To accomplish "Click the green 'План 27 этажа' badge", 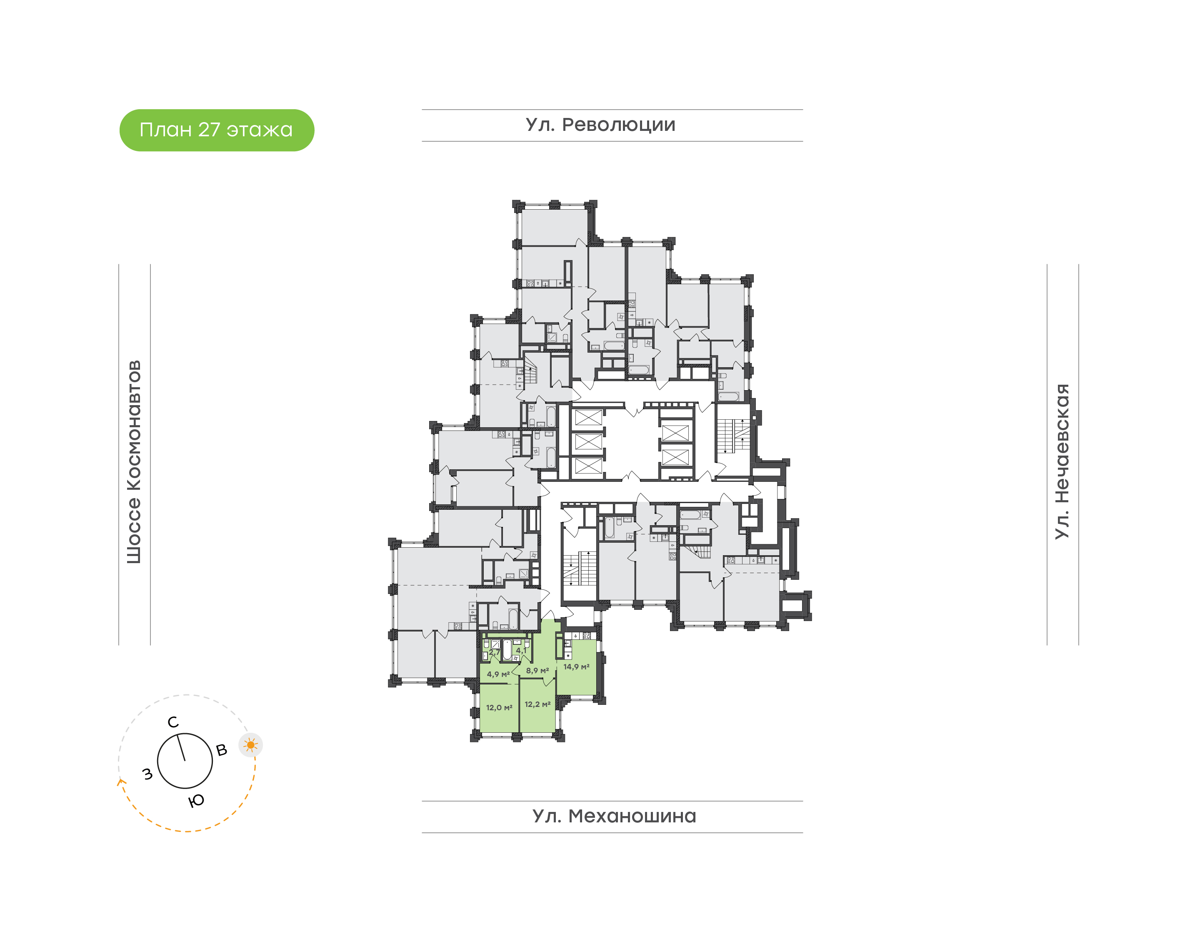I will click(x=217, y=130).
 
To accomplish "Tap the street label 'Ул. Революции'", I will click(x=600, y=125).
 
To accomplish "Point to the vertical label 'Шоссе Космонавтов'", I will click(x=134, y=462).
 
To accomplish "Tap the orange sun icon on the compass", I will click(x=251, y=745).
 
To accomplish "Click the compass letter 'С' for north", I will click(x=173, y=722).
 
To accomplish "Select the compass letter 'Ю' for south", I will click(x=196, y=801).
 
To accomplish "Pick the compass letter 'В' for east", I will click(x=222, y=750).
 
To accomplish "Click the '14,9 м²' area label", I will click(x=576, y=667).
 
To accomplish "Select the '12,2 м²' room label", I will click(x=537, y=704).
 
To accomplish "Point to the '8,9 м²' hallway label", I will click(x=537, y=671).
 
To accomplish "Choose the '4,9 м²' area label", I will click(x=498, y=674).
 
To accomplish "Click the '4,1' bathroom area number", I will click(x=521, y=651).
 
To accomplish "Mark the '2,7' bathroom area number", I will click(x=495, y=652).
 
